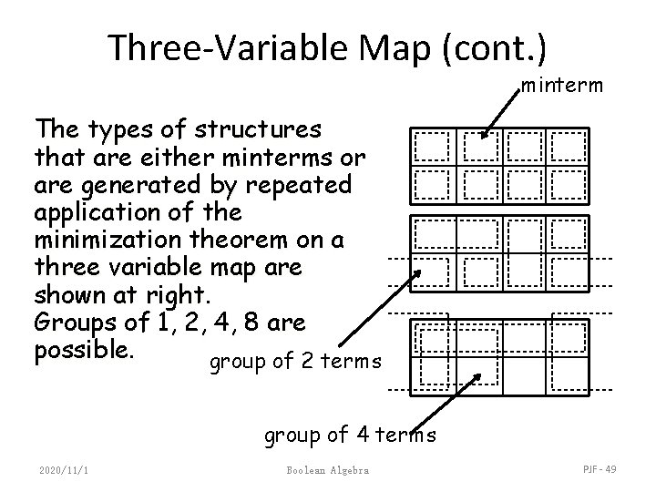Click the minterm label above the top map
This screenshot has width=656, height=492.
click(561, 86)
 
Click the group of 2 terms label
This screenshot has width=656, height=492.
click(295, 363)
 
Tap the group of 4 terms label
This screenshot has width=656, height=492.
click(350, 436)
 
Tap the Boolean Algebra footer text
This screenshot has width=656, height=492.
click(327, 470)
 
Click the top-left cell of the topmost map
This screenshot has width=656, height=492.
click(432, 145)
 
